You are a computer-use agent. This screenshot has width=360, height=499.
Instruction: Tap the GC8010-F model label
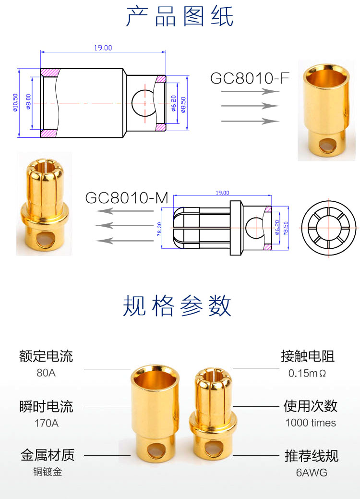point(250,78)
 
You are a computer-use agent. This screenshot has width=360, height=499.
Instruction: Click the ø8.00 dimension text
point(28,102)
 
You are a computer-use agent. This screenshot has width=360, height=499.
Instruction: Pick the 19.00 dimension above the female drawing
point(103,48)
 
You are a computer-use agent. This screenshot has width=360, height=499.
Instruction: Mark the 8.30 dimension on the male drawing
point(159,227)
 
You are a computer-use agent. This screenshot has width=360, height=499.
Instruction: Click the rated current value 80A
point(46,373)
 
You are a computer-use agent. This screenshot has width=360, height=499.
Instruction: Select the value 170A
point(46,423)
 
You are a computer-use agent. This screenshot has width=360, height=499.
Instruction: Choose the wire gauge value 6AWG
point(312,473)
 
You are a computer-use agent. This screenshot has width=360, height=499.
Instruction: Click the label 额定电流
point(46,356)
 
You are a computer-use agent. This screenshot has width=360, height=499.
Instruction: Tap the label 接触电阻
point(308,356)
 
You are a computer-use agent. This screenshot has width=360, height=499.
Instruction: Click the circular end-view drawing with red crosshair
point(330,227)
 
